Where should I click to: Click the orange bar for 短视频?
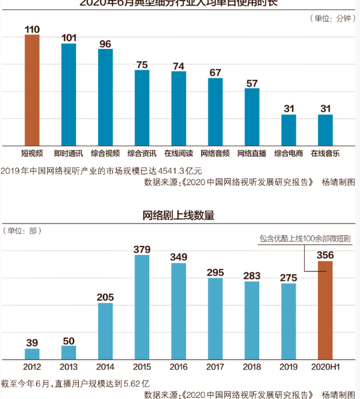pyautogui.click(x=32, y=90)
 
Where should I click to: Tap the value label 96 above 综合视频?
pyautogui.click(x=105, y=43)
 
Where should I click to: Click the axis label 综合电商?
pyautogui.click(x=288, y=153)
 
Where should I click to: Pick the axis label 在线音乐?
pyautogui.click(x=325, y=153)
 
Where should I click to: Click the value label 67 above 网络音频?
pyautogui.click(x=215, y=72)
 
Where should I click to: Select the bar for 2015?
pyautogui.click(x=142, y=307)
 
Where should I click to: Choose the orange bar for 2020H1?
pyautogui.click(x=325, y=310)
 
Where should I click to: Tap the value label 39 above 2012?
pyautogui.click(x=32, y=343)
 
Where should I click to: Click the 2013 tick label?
pyautogui.click(x=69, y=367)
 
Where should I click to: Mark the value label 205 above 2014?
pyautogui.click(x=105, y=297)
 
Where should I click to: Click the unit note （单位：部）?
pyautogui.click(x=23, y=231)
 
